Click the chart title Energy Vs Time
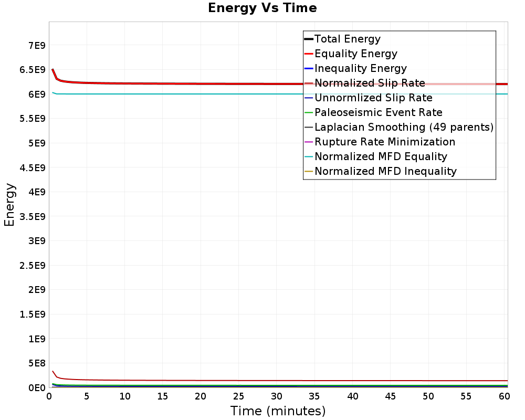pos(262,8)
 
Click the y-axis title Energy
pos(9,205)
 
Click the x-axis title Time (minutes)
pos(278,411)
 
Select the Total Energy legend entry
pos(347,39)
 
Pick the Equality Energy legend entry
pos(355,54)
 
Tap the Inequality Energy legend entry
pos(360,68)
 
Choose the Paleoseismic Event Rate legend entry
pos(378,112)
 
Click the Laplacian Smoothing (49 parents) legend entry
pos(404,127)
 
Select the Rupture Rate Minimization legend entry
pos(385,142)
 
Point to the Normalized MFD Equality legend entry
pos(381,156)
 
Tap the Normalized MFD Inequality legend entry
pos(385,171)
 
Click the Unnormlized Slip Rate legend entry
pos(373,98)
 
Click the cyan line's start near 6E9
pos(52,92)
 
